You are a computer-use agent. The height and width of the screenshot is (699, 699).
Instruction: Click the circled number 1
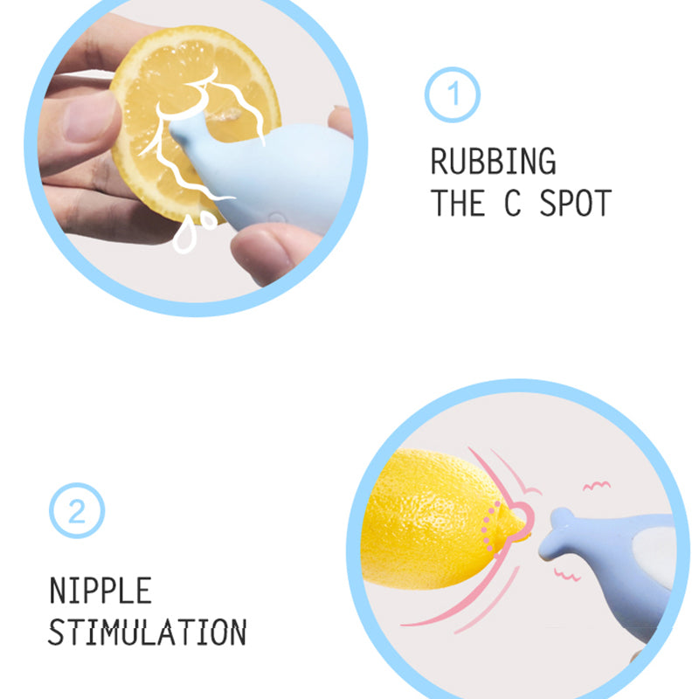click(452, 94)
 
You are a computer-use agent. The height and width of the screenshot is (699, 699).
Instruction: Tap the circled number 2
click(77, 510)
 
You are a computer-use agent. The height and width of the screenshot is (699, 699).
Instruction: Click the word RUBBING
click(493, 161)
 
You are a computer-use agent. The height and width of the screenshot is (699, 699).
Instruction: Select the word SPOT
click(576, 203)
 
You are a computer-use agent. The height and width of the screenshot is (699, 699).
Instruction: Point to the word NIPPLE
click(100, 591)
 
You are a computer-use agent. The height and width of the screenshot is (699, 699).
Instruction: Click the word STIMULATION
click(147, 632)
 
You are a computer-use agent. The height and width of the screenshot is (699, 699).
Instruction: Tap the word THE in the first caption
click(458, 203)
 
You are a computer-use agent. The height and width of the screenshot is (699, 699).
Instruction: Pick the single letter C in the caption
click(513, 203)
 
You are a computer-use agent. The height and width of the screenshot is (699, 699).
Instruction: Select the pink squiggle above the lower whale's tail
click(597, 486)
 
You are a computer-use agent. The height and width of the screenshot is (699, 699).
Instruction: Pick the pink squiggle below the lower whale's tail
click(567, 575)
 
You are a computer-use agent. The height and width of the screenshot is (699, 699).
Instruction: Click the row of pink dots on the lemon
click(489, 526)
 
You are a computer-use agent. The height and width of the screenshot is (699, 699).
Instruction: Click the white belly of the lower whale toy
click(655, 557)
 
